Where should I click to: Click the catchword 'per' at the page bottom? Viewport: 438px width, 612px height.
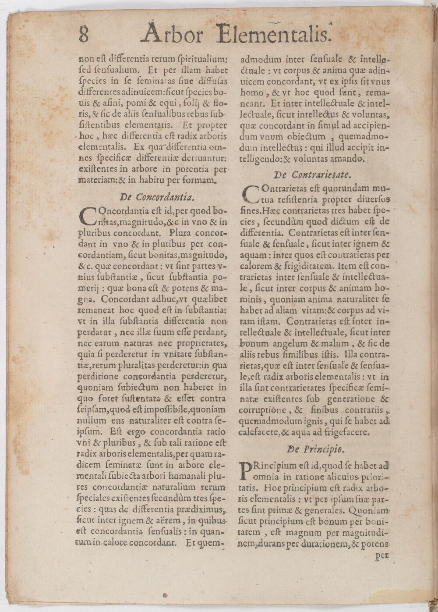tap(382, 555)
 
